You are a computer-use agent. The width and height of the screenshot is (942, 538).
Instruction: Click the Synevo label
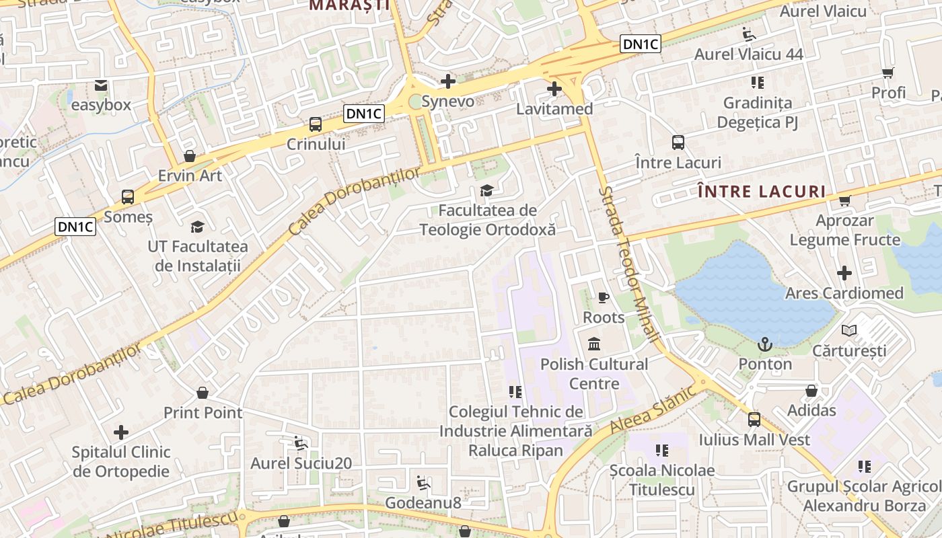pos(447,102)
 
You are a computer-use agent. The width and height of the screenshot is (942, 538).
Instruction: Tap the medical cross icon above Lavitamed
pos(554,88)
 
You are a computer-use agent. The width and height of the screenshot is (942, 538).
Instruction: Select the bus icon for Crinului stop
pos(315,124)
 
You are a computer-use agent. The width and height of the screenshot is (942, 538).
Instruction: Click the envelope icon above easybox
pos(101,85)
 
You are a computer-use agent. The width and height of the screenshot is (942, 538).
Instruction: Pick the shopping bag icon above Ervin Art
pos(190,156)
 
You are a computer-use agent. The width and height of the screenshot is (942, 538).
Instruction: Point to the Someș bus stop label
pos(128,217)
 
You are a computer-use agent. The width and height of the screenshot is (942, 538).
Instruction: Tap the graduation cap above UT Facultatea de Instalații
pos(197,227)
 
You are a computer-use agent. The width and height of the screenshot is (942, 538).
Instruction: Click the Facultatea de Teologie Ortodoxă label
pos(488,220)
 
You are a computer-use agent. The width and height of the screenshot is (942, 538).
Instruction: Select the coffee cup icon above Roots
pos(603,297)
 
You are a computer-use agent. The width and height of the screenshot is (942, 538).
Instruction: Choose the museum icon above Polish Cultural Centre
pos(594,344)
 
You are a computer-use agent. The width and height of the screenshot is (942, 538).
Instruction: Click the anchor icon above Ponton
pos(765,344)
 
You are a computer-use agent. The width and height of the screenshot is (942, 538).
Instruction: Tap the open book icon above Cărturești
pos(849,330)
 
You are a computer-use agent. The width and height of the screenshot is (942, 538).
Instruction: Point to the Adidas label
pos(811,410)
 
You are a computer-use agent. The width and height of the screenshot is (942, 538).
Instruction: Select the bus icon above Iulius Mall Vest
pos(754,420)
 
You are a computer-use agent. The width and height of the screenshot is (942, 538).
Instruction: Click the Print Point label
pos(203,412)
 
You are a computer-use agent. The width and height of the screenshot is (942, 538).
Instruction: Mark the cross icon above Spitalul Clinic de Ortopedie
pos(121,432)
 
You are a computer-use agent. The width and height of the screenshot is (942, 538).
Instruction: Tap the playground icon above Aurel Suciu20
pos(301,443)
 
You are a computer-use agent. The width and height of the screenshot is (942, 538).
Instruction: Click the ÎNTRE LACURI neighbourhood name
pos(762,192)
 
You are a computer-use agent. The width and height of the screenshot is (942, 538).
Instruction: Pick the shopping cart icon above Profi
pos(888,73)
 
